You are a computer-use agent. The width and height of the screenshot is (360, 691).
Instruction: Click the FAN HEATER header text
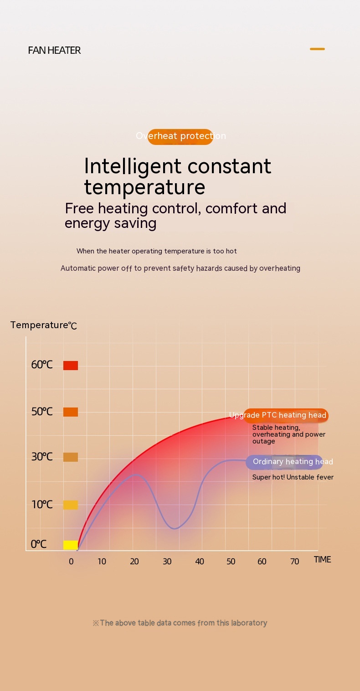tap(54, 51)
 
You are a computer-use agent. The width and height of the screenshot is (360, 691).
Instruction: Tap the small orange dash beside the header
tap(317, 49)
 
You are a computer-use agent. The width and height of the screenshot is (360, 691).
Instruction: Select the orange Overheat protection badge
tap(180, 136)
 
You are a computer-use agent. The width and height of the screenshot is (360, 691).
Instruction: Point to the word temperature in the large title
tap(144, 187)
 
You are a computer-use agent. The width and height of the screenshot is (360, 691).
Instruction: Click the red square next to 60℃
tap(71, 366)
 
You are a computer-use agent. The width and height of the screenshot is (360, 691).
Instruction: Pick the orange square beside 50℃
tap(71, 412)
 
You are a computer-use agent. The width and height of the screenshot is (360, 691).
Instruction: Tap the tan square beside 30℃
tap(71, 457)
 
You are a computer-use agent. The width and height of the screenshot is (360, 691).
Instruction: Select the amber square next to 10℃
tap(71, 505)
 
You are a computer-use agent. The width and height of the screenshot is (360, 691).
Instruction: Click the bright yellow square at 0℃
tap(71, 545)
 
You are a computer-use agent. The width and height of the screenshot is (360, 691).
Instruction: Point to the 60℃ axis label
tap(42, 365)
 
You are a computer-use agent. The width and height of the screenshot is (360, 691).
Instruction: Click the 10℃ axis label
tap(42, 505)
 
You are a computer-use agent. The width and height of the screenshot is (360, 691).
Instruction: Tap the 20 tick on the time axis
tap(134, 562)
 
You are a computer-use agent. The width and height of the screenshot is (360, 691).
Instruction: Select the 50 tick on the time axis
tap(231, 562)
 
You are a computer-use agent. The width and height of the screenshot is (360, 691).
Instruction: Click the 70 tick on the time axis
tap(295, 562)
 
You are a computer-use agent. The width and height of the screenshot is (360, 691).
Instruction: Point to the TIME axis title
tap(322, 560)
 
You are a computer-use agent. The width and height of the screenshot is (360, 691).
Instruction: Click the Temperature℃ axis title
tap(44, 325)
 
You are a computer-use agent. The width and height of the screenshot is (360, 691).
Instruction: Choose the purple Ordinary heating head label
tap(285, 462)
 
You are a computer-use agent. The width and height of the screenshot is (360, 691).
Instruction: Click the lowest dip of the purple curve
tap(175, 528)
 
